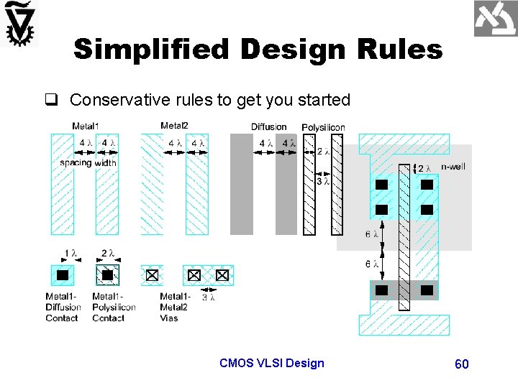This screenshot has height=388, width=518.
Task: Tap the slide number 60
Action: (462, 364)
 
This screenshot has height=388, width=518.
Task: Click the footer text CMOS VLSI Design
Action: (272, 363)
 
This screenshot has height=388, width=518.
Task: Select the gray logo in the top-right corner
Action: (496, 19)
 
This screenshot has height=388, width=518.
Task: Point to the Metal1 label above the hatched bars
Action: (86, 126)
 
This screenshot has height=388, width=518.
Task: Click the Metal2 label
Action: (174, 126)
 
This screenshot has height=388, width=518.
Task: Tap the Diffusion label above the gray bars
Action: (268, 127)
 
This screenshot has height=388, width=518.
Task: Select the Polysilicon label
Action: (323, 127)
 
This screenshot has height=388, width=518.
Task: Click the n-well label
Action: (453, 167)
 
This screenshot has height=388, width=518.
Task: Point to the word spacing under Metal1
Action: (76, 163)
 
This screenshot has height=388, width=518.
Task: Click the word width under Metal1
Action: (106, 163)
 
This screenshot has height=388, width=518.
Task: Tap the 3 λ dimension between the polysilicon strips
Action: (324, 182)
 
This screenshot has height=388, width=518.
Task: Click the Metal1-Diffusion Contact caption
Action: (63, 307)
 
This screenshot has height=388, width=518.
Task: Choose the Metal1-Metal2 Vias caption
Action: (175, 307)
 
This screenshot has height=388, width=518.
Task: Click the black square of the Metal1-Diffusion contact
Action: (63, 275)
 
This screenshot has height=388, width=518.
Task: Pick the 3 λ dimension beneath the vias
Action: (208, 296)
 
